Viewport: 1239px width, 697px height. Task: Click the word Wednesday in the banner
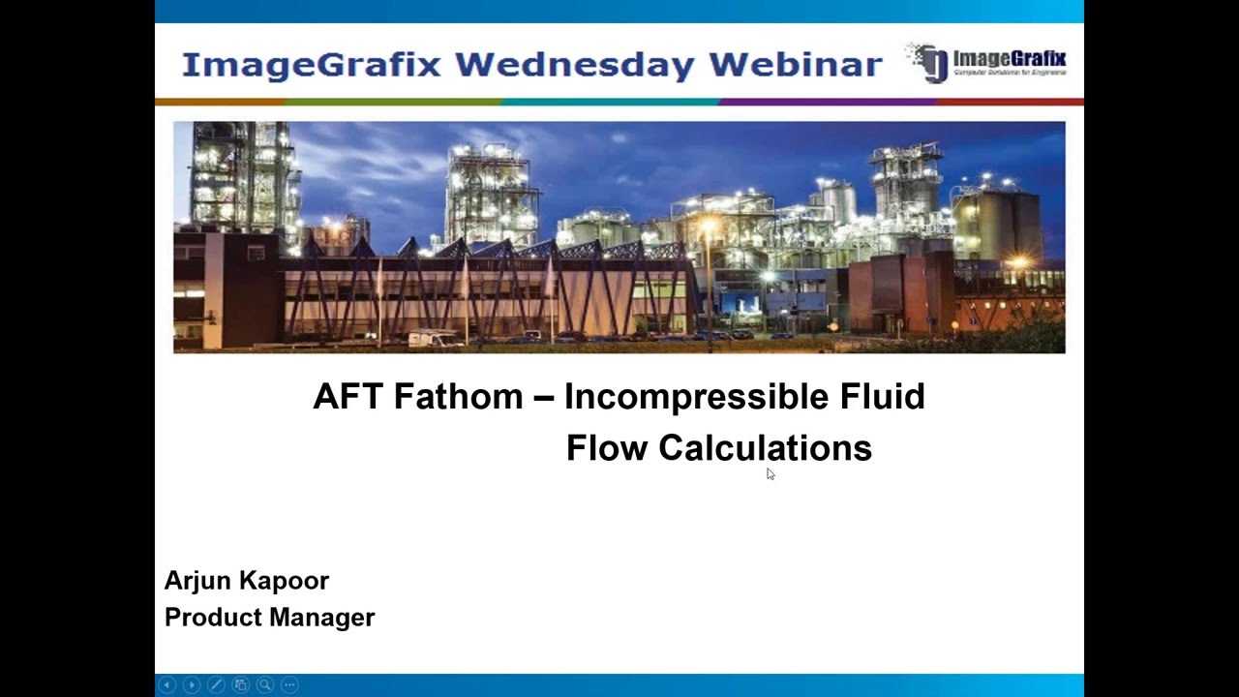(x=575, y=65)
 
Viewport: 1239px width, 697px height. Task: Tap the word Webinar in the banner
(x=795, y=65)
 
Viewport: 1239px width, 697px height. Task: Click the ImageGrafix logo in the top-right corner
(x=986, y=63)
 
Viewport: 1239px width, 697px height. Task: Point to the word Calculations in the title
(x=765, y=448)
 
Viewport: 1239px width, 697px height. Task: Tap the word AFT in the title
(x=348, y=397)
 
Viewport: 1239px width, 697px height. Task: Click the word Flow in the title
(x=607, y=448)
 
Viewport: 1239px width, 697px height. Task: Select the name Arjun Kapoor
(x=247, y=581)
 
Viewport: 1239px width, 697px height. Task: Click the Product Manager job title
(x=269, y=618)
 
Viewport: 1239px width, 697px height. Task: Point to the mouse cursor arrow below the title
(x=770, y=472)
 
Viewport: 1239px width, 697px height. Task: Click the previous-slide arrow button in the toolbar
(x=167, y=684)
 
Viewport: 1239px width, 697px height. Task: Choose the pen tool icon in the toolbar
(x=216, y=684)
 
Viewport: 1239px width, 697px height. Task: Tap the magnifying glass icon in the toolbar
(x=264, y=684)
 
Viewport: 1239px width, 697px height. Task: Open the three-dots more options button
(x=288, y=684)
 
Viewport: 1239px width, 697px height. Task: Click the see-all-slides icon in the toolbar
(x=240, y=684)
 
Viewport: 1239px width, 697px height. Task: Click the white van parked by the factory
(x=435, y=338)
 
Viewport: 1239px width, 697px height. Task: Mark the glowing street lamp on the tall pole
(x=709, y=228)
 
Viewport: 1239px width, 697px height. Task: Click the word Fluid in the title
(x=884, y=397)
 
